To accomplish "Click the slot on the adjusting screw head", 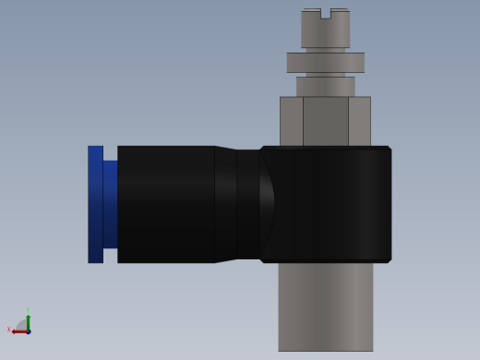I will pos(325,13).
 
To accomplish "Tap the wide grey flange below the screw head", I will pos(325,62).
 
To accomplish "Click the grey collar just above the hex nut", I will pos(325,86).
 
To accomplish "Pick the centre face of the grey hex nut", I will pos(325,121).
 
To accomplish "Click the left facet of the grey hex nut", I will pos(291,121).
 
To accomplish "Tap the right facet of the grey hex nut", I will pos(359,121).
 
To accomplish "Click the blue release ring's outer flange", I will pos(95,204).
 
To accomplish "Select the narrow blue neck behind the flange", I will pos(110,204).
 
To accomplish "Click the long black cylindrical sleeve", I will pos(166,204).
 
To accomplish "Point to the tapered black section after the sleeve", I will pos(225,204).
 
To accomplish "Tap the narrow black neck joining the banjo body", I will pos(248,204).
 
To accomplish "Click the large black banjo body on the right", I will pos(328,204).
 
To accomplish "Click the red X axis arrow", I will pos(18,331).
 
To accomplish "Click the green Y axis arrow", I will pos(28,321).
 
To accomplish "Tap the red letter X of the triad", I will pos(9,330).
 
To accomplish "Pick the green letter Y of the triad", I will pos(28,311).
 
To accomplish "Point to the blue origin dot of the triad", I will pos(28,331).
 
